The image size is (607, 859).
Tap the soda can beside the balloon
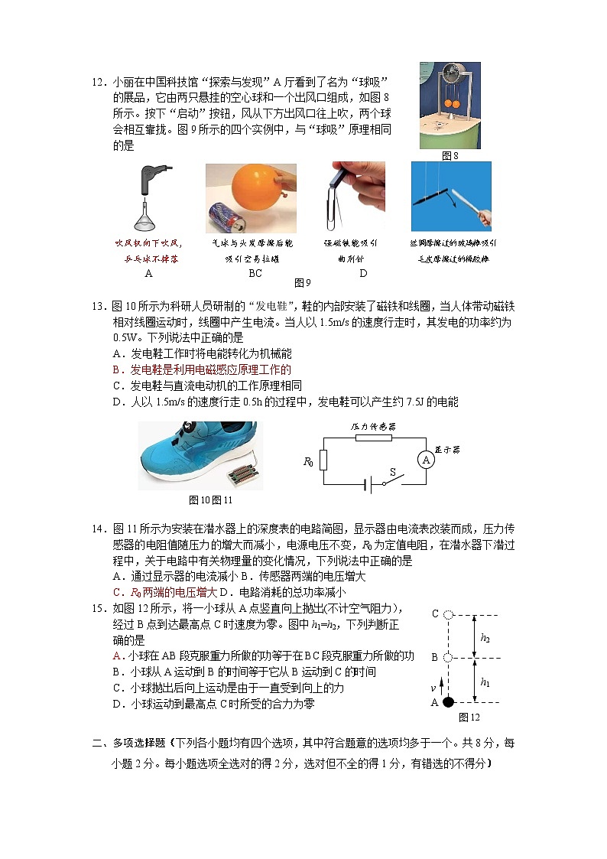click(222, 219)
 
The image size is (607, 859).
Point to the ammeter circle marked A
click(426, 460)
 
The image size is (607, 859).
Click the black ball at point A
click(449, 702)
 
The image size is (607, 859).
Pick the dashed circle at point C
click(449, 614)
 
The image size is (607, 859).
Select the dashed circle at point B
click(449, 658)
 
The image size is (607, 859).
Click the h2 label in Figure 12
click(485, 636)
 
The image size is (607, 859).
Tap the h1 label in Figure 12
click(485, 681)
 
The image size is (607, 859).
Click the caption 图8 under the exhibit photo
click(450, 155)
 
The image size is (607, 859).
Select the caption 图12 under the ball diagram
click(469, 717)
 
